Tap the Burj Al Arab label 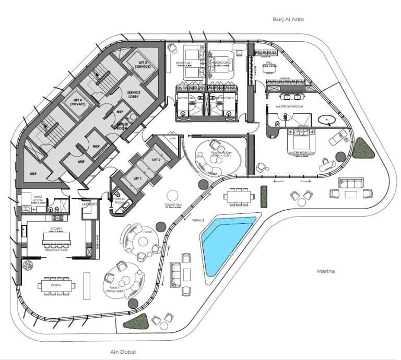click(288, 19)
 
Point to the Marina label click(326, 272)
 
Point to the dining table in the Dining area click(56, 285)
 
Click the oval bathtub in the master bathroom click(327, 121)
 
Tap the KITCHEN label click(56, 229)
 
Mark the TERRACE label click(197, 221)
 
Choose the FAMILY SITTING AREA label click(116, 290)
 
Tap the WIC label click(266, 64)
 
